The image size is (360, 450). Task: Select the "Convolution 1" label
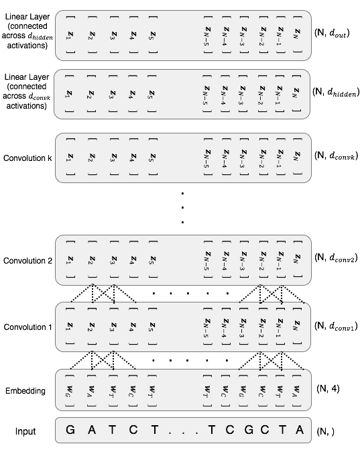[27, 327]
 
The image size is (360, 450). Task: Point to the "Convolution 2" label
[27, 260]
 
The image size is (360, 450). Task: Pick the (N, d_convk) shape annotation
[338, 155]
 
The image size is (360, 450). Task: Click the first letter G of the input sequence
[69, 429]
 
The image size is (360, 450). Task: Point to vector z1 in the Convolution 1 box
[69, 325]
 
